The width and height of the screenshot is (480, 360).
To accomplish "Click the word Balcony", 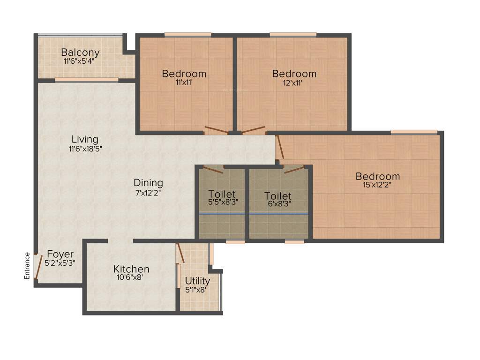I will (80, 52).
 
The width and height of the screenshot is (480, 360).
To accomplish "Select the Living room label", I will (85, 139).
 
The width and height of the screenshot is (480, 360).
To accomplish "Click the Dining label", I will (148, 183).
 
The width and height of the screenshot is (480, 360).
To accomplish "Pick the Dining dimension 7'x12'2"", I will (148, 192).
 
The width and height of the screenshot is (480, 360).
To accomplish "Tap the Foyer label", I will (60, 255).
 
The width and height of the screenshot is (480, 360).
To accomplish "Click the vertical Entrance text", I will (27, 266).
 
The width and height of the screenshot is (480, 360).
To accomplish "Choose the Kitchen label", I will (131, 269).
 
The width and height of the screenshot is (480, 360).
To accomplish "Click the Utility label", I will (197, 281).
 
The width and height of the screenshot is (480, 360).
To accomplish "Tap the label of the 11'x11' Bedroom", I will (184, 74).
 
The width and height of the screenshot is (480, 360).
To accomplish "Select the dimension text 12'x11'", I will (294, 83).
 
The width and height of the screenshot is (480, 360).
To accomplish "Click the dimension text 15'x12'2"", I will (378, 186).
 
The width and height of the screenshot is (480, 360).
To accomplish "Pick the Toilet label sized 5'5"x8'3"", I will (222, 194).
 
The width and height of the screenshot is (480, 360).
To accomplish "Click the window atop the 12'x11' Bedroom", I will (293, 34).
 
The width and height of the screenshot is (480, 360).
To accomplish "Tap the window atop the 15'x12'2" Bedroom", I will (414, 132).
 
